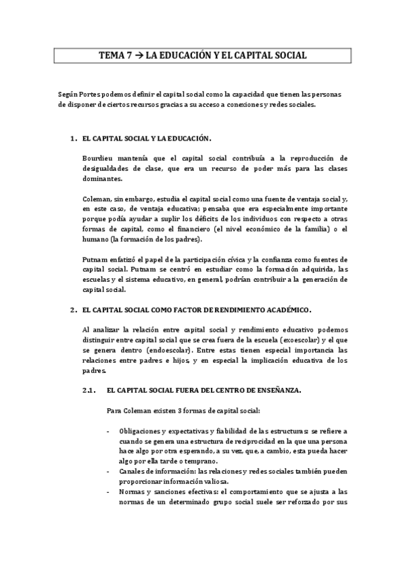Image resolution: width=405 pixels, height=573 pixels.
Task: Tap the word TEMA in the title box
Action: (x=110, y=57)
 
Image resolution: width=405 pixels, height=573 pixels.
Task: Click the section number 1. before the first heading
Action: (x=72, y=139)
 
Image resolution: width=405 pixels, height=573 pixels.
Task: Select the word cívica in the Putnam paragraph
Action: (x=235, y=260)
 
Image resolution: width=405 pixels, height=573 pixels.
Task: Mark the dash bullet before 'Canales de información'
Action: (x=110, y=472)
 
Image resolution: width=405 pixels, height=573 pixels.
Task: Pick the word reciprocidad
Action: (x=235, y=441)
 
